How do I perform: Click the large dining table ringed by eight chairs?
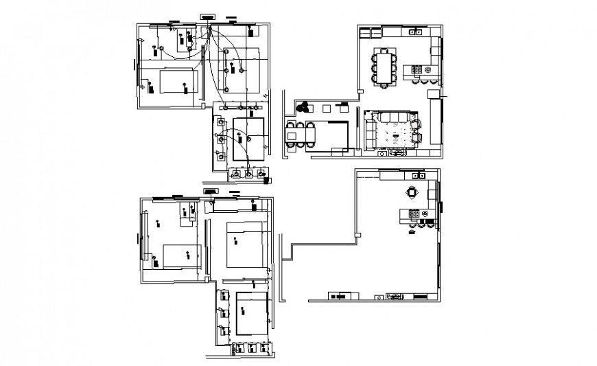384,67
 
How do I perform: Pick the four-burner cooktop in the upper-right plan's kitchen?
416,69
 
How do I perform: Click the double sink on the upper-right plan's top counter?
414,32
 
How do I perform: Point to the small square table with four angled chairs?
412,192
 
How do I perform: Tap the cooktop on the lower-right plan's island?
414,214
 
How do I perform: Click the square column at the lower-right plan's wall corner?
358,236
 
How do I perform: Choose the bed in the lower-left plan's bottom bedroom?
250,312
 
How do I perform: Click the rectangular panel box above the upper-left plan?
207,15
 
